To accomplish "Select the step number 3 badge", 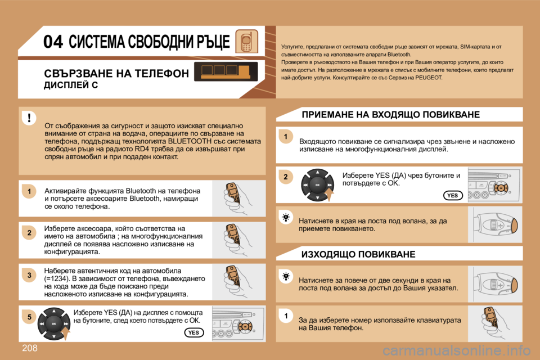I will pyautogui.click(x=27, y=275).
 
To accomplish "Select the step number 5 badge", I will pyautogui.click(x=27, y=317).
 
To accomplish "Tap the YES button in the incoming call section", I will pyautogui.click(x=452, y=195).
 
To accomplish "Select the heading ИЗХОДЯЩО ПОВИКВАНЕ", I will pyautogui.click(x=358, y=254).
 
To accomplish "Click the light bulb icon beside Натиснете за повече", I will pyautogui.click(x=286, y=276).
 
